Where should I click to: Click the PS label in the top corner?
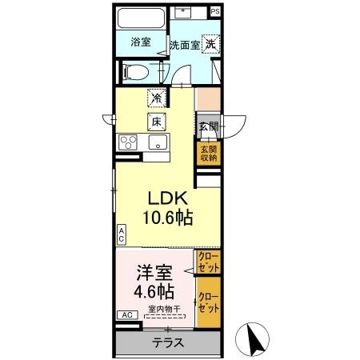pyautogui.click(x=214, y=12)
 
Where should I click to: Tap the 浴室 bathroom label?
pyautogui.click(x=141, y=42)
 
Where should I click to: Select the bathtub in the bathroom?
pyautogui.click(x=141, y=19)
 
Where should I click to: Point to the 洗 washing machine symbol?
pyautogui.click(x=209, y=44)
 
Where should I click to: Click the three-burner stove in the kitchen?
pyautogui.click(x=129, y=142)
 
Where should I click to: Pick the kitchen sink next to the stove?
pyautogui.click(x=158, y=143)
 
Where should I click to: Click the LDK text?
pyautogui.click(x=167, y=198)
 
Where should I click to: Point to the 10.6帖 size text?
pyautogui.click(x=167, y=217)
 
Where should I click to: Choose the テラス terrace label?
pyautogui.click(x=168, y=342)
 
